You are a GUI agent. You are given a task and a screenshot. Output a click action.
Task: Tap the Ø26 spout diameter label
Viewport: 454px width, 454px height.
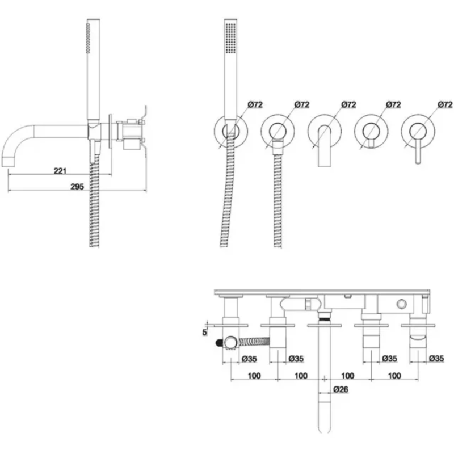340,389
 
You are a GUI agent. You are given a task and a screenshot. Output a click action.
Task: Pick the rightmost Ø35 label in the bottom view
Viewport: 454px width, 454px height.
436,359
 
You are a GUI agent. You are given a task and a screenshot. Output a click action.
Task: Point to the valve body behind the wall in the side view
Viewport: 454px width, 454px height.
129,133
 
